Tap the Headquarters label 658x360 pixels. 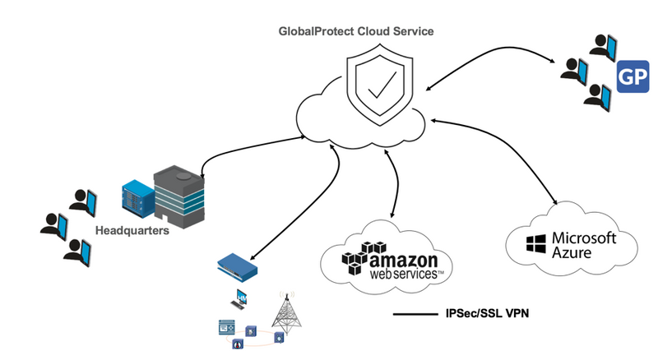(x=132, y=231)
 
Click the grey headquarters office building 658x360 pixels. (x=176, y=196)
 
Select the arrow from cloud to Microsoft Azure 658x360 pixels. (x=502, y=160)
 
